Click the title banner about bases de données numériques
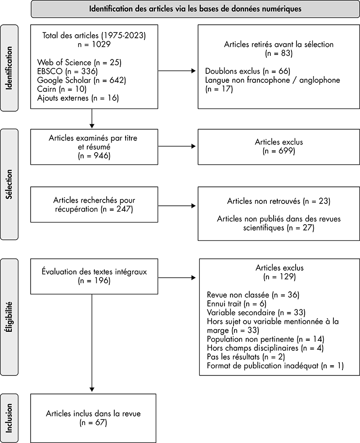[195, 9]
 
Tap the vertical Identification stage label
[9, 68]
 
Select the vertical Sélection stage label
[9, 184]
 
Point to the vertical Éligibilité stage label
[9, 316]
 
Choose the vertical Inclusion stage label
[9, 418]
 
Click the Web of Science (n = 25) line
[79, 63]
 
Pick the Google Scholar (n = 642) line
[81, 80]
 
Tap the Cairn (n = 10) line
[62, 89]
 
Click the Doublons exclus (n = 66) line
[247, 71]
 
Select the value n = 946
[94, 156]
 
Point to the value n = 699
[279, 151]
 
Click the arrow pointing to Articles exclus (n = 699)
[177, 146]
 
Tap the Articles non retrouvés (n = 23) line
[279, 201]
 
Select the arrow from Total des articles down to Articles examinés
[92, 118]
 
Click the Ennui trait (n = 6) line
[237, 304]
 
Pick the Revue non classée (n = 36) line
[253, 295]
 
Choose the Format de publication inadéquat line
[275, 366]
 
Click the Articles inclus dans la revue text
[93, 414]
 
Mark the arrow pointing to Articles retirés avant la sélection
[177, 71]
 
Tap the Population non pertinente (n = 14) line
[265, 339]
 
